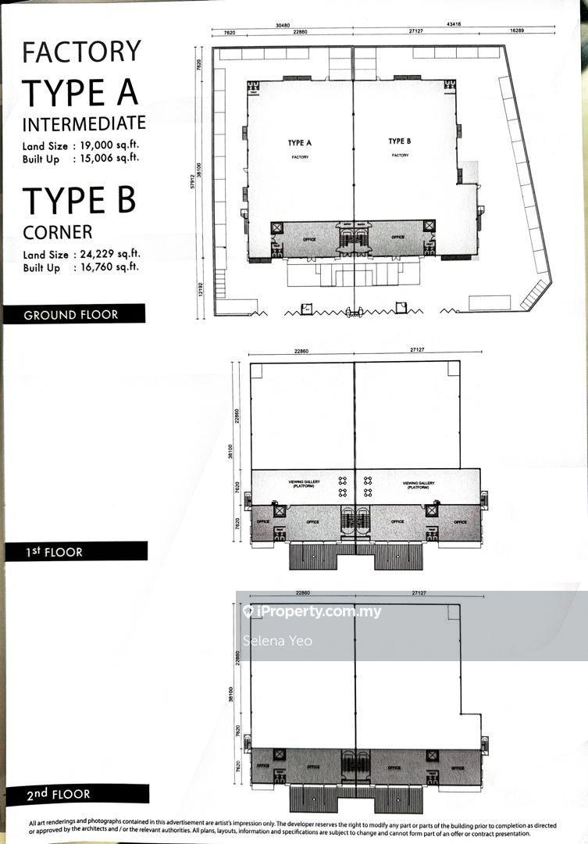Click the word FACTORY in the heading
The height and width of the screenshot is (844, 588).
(81, 52)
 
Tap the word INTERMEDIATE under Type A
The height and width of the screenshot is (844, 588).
(84, 123)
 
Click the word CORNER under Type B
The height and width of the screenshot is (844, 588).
(57, 232)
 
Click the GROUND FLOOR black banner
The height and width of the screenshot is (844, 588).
(73, 315)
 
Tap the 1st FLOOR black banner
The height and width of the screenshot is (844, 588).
(75, 552)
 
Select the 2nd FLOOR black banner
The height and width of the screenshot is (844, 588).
(75, 794)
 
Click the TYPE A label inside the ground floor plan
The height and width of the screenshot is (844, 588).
(300, 143)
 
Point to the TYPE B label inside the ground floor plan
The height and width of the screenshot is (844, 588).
(400, 141)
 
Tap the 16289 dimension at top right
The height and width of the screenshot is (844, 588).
(516, 32)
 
